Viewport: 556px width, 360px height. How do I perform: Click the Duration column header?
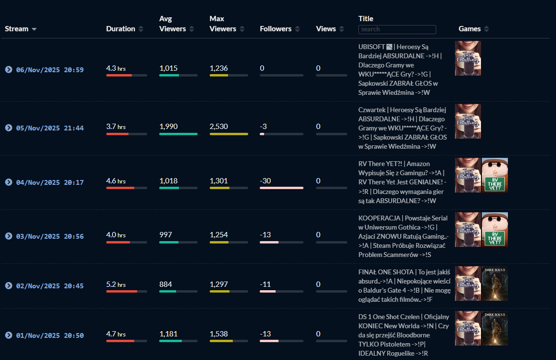pyautogui.click(x=121, y=29)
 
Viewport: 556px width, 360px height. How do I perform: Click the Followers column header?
pyautogui.click(x=276, y=29)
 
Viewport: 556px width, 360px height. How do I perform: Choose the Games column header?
pyautogui.click(x=469, y=29)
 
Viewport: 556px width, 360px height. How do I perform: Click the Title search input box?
pyautogui.click(x=397, y=29)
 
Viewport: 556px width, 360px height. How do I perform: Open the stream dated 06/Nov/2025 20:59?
pyautogui.click(x=50, y=70)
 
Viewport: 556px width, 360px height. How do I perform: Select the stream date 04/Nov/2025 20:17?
pyautogui.click(x=50, y=182)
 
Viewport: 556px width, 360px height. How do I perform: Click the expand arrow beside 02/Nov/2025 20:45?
pyautogui.click(x=9, y=286)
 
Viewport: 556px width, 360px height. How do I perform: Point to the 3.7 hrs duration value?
pyautogui.click(x=116, y=127)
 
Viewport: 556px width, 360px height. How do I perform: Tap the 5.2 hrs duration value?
pyautogui.click(x=116, y=284)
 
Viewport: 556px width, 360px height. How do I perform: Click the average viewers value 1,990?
pyautogui.click(x=168, y=127)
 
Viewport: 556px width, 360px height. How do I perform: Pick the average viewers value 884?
pyautogui.click(x=165, y=284)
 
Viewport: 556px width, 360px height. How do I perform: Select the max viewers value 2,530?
pyautogui.click(x=219, y=127)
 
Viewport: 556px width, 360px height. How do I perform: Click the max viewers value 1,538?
pyautogui.click(x=219, y=334)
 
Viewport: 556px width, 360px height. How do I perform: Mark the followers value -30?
pyautogui.click(x=265, y=181)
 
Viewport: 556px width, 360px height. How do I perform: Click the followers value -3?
pyautogui.click(x=264, y=127)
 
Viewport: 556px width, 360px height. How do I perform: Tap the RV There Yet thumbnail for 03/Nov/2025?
pyautogui.click(x=494, y=230)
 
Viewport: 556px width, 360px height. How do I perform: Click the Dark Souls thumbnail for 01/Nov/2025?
pyautogui.click(x=494, y=328)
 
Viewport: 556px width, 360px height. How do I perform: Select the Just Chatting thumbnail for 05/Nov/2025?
pyautogui.click(x=468, y=121)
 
